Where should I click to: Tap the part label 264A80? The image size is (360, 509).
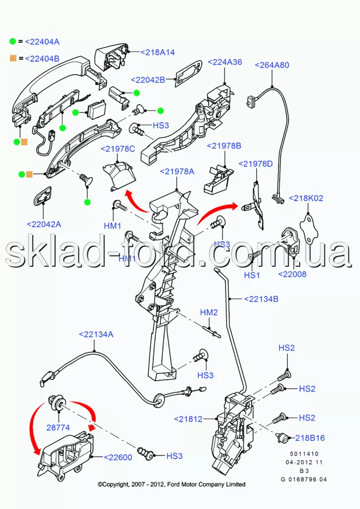(x=271, y=65)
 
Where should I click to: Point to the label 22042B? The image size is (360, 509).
(x=148, y=79)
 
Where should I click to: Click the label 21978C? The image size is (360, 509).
(x=118, y=149)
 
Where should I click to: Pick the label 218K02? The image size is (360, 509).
(x=306, y=198)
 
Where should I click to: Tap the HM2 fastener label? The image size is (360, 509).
(x=209, y=312)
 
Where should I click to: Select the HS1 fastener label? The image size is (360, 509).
(x=252, y=275)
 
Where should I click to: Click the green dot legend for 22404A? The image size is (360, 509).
(x=12, y=41)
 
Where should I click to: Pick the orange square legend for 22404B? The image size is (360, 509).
(x=12, y=58)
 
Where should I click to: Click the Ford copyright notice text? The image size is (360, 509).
(x=172, y=484)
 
